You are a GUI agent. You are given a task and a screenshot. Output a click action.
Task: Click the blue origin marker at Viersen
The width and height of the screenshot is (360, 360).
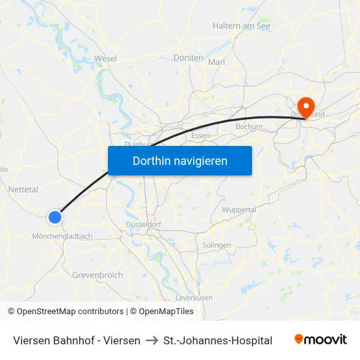[x=55, y=217]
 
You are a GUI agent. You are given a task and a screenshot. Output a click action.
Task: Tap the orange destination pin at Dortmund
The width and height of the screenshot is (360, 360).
[x=306, y=106]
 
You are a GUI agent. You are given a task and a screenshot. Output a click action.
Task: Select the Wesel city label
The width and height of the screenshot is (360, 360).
[x=105, y=58]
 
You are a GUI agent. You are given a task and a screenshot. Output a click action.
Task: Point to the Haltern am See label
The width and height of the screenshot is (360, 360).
[x=242, y=26]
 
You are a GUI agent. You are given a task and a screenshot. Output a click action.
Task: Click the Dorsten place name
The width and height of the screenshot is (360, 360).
[x=189, y=58]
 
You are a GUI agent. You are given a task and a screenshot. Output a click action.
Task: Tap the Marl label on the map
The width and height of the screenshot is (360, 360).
[x=217, y=62]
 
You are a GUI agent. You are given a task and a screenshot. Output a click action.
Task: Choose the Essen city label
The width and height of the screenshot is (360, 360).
[x=200, y=135]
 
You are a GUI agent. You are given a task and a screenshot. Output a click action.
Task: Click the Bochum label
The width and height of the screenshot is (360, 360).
[x=249, y=127]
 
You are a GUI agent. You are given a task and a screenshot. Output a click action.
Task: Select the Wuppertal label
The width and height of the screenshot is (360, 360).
[x=240, y=209]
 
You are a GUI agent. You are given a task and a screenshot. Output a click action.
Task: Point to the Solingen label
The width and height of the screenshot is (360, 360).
[x=217, y=245]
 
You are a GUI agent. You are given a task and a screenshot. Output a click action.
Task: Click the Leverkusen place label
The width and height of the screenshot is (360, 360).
[x=194, y=297]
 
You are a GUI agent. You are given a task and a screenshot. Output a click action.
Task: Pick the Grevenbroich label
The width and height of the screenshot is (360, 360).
[x=98, y=275]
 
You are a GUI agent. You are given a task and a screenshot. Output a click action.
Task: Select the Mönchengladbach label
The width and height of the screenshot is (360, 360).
[x=62, y=236]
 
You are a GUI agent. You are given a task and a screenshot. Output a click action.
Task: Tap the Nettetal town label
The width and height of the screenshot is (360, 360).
[x=24, y=189]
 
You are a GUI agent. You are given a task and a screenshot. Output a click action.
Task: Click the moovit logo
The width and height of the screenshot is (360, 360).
[x=321, y=340]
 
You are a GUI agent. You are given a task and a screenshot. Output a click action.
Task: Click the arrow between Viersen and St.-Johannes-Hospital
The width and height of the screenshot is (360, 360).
[x=152, y=340]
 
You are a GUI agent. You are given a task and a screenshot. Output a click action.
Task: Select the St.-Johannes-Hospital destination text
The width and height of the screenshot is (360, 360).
[x=218, y=340]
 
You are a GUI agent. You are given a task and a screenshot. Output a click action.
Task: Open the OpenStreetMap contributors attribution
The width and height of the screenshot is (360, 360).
[x=70, y=312]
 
